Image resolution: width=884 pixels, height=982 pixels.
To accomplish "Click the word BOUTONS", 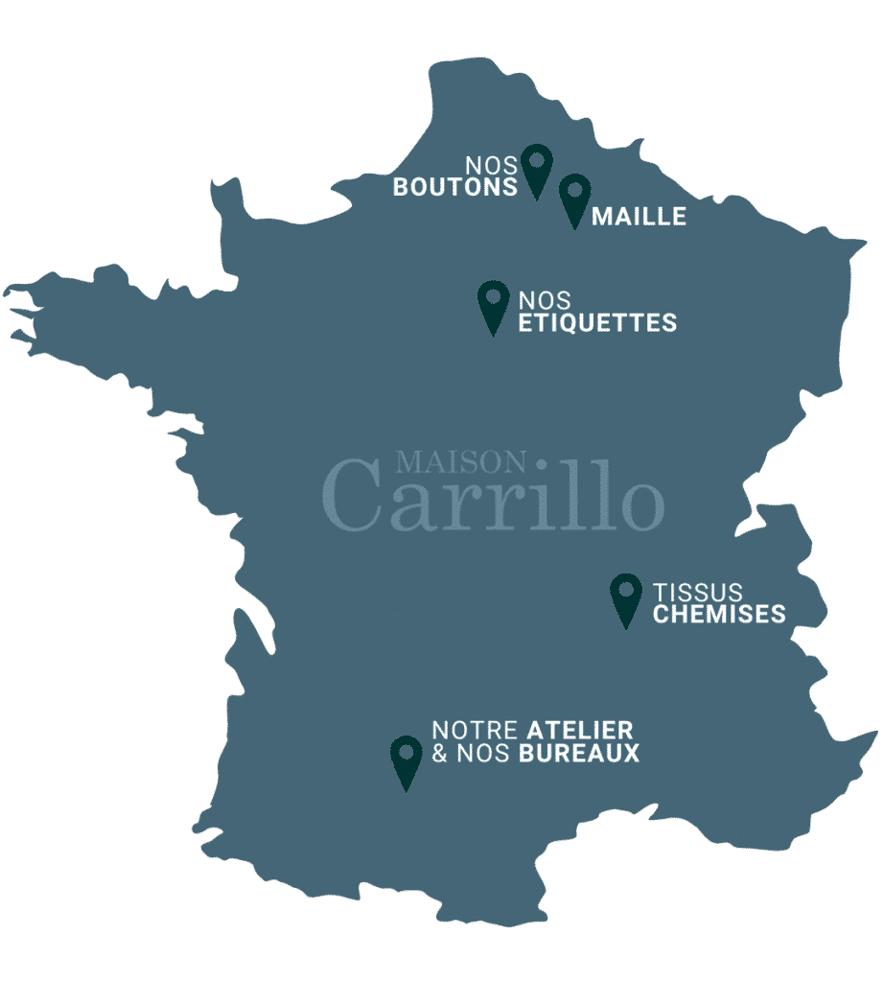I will tap(455, 187).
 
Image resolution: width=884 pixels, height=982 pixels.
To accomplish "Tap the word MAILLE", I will tap(639, 217).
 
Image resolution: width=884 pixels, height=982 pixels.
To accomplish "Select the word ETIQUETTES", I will tap(597, 323).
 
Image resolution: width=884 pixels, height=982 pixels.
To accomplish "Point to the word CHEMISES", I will tap(719, 614).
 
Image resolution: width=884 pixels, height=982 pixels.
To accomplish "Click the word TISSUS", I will tap(698, 593).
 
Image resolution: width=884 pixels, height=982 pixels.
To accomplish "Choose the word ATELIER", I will tap(580, 731).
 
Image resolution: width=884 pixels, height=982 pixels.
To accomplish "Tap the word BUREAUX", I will tap(579, 754).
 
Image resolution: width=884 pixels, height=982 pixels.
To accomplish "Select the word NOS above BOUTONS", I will tap(492, 166).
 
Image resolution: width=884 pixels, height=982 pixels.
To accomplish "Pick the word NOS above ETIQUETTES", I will tap(545, 301).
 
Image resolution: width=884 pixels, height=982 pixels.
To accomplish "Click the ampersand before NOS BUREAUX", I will tap(440, 754).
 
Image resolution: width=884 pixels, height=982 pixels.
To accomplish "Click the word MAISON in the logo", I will tap(461, 463).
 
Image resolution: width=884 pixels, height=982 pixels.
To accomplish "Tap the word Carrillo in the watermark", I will tap(493, 499).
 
